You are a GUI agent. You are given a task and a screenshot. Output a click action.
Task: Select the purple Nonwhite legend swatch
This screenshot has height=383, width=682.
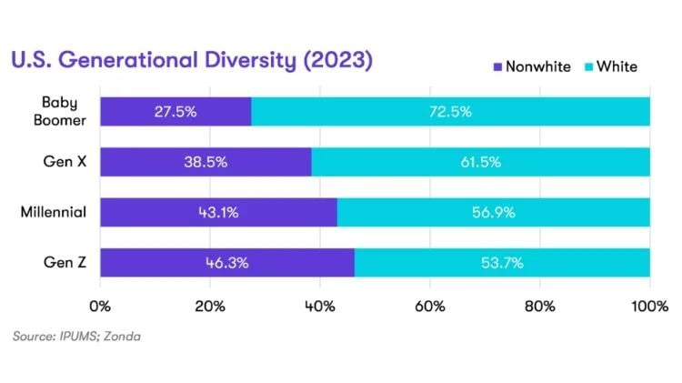tap(496, 67)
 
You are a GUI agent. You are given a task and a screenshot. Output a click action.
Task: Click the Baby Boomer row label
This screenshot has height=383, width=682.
tap(65, 111)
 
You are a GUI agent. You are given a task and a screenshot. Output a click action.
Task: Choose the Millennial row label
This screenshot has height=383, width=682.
tap(54, 212)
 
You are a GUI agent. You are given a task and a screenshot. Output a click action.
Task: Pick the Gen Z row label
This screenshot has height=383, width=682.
tap(66, 262)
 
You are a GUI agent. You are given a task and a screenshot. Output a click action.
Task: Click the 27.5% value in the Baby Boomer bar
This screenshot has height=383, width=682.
tap(175, 112)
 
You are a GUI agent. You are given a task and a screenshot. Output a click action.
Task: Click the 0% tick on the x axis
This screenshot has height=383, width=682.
tap(100, 305)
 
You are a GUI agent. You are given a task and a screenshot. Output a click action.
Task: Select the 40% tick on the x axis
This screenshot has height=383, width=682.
tap(320, 305)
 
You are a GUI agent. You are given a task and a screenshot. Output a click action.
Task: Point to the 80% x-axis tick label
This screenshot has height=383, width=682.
tap(540, 305)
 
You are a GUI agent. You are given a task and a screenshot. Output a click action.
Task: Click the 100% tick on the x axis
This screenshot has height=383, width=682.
tap(649, 305)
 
